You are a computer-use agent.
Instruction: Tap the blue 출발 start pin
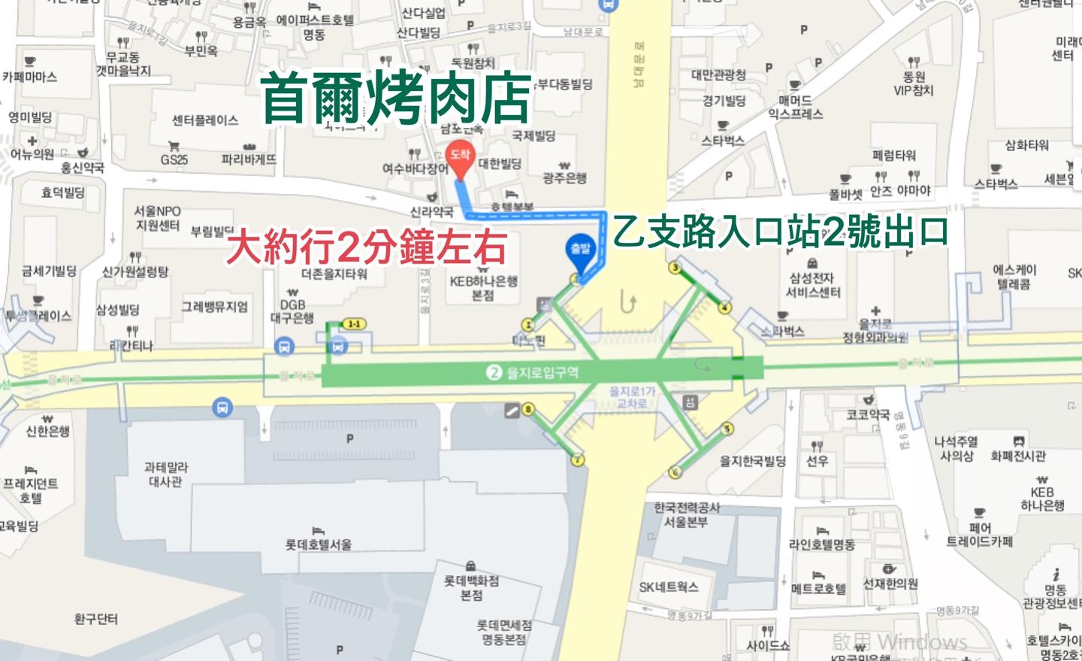click(x=580, y=251)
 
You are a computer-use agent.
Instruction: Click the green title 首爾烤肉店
click(x=396, y=99)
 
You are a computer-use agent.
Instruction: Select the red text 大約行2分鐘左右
click(x=367, y=247)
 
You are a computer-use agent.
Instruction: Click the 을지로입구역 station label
click(x=534, y=372)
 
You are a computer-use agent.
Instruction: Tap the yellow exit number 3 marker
click(x=675, y=268)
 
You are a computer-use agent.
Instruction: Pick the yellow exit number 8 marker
click(x=528, y=409)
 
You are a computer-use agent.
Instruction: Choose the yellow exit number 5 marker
click(x=727, y=429)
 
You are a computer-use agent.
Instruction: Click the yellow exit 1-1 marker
click(x=353, y=324)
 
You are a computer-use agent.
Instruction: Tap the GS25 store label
click(x=174, y=159)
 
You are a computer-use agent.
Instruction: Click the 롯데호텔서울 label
click(x=319, y=544)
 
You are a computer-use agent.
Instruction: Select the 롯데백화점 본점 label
click(x=471, y=587)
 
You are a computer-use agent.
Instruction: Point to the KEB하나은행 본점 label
click(x=483, y=288)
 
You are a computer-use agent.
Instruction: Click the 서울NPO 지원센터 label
click(x=158, y=218)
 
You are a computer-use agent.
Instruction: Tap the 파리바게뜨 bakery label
click(x=249, y=159)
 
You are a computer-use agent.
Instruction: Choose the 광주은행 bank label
click(x=564, y=177)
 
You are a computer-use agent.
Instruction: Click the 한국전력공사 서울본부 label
click(x=685, y=515)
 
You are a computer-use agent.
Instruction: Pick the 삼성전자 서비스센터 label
click(x=813, y=285)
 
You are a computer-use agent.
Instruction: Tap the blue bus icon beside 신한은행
click(x=222, y=408)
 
